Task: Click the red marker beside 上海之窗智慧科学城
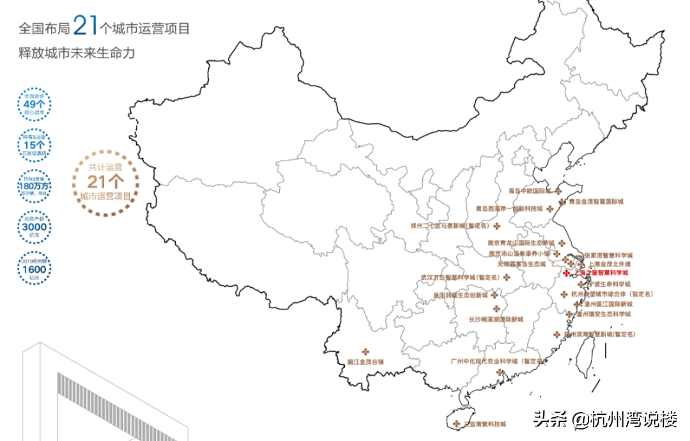coord(565,273)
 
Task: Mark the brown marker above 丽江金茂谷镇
coord(365,351)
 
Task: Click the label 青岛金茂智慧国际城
coord(595,202)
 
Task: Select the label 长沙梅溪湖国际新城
coord(496,319)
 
